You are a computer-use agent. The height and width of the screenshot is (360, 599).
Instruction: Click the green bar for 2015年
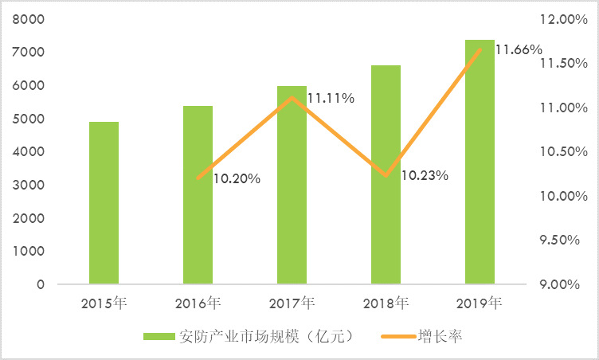104,203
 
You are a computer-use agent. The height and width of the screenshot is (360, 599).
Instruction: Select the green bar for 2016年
198,195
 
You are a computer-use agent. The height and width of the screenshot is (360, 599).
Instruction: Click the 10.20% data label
237,179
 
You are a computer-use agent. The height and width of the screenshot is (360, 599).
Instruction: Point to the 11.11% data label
331,98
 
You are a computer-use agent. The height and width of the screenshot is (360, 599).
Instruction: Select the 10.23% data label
425,175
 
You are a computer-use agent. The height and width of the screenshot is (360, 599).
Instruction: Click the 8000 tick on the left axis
29,19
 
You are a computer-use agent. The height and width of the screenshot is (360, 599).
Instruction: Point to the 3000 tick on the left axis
29,186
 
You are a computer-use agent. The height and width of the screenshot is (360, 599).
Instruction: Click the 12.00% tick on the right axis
562,19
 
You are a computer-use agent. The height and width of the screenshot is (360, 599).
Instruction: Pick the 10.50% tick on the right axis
562,151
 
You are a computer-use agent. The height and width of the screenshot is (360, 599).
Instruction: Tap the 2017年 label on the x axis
292,303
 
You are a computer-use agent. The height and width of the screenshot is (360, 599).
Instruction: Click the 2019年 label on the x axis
480,303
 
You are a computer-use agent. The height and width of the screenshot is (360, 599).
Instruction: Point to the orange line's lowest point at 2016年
198,178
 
